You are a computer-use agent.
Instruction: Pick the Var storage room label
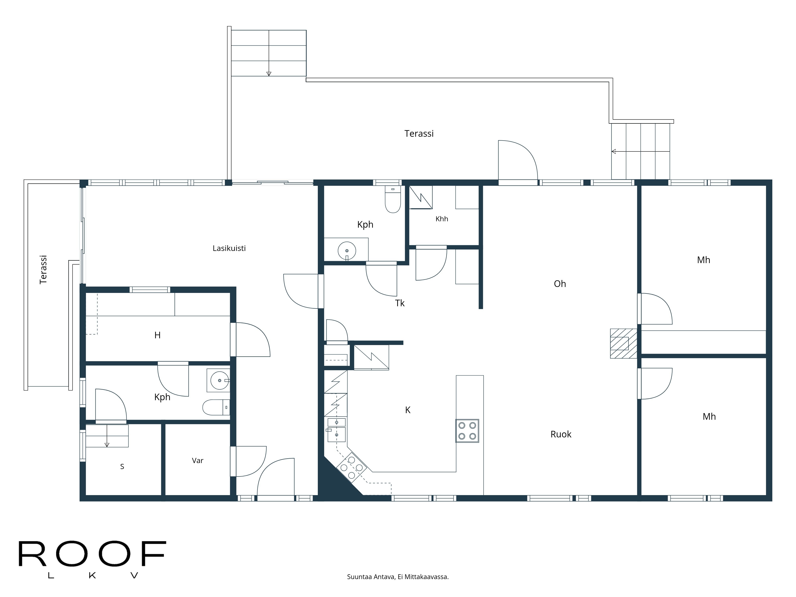(x=198, y=461)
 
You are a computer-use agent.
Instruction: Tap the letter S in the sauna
(x=122, y=467)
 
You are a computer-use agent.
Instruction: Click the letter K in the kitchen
(x=408, y=410)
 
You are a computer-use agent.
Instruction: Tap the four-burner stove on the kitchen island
(x=467, y=431)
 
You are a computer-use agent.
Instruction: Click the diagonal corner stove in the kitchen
(x=352, y=467)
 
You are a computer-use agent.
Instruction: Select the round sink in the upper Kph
(x=347, y=251)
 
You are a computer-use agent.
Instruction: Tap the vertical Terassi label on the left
(x=43, y=270)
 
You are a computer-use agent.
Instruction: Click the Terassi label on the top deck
(x=419, y=134)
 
